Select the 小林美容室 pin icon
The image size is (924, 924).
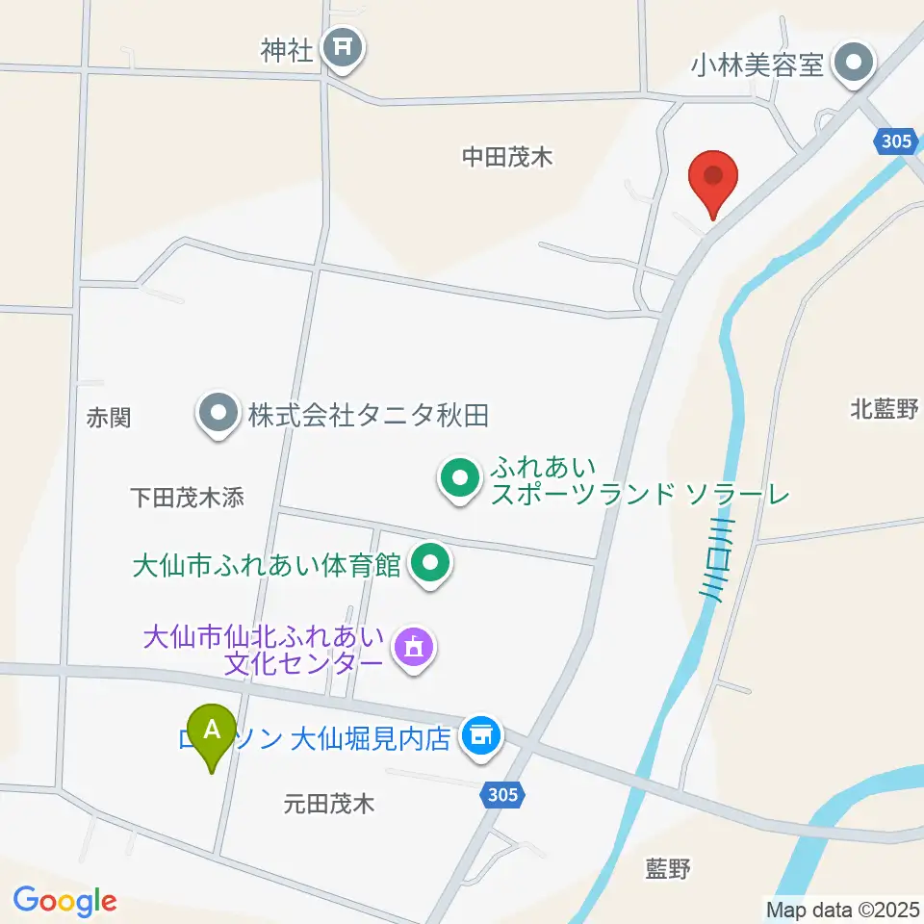853,64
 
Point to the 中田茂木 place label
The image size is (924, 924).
507,157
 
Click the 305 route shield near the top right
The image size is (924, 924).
895,141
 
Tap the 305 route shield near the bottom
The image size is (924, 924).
500,794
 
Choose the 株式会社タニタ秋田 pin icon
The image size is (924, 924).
218,415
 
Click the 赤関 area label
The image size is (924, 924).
108,417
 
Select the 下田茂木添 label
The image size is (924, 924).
188,497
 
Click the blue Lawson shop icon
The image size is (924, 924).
481,737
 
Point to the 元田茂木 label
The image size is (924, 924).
329,803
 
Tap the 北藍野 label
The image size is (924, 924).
885,409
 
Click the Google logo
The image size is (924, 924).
64,901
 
